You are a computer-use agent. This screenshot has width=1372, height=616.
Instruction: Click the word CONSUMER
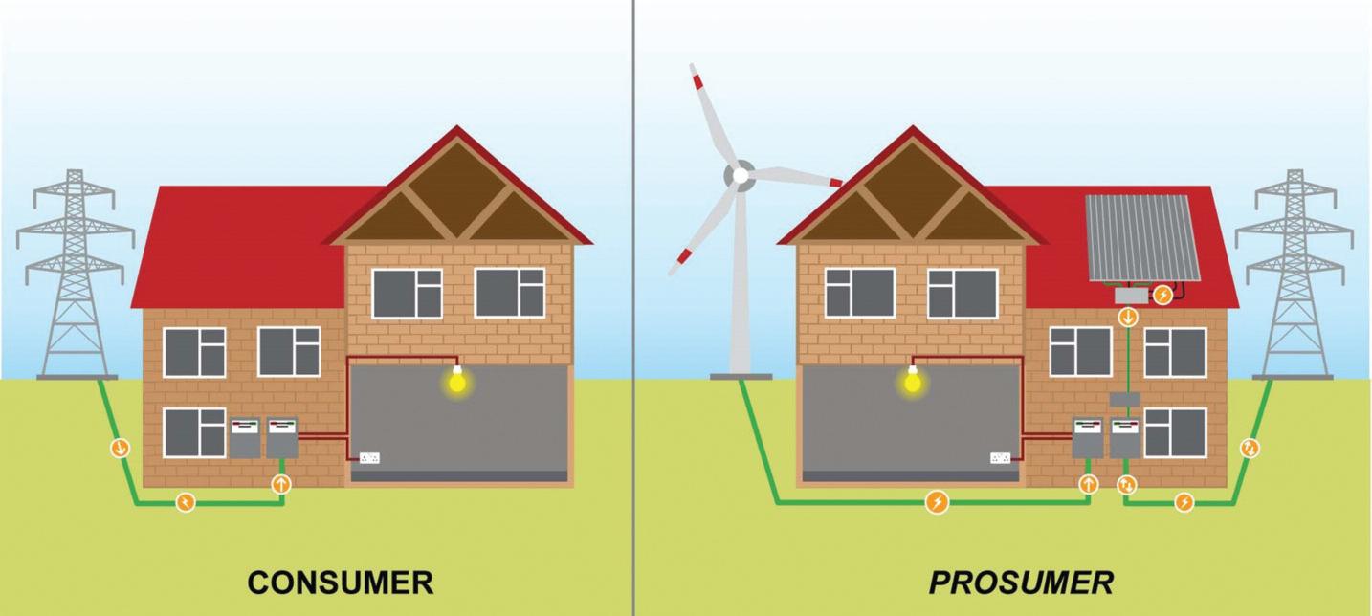click(x=340, y=582)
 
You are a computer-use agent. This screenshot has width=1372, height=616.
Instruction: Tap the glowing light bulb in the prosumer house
click(x=912, y=383)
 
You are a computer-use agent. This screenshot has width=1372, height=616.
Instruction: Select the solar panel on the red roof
click(x=1142, y=238)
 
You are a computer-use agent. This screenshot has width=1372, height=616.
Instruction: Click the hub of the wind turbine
click(x=739, y=175)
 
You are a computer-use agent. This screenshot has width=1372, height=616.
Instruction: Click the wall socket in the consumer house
click(x=369, y=458)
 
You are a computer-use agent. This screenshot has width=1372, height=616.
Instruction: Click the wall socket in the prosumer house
click(x=1001, y=458)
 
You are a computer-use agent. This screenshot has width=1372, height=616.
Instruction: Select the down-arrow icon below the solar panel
click(x=1128, y=317)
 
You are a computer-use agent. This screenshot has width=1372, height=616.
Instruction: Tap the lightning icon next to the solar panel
click(x=1162, y=296)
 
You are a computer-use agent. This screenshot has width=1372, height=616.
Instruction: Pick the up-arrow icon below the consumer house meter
click(x=280, y=483)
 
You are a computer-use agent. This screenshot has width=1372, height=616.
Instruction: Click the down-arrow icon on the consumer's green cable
click(x=121, y=447)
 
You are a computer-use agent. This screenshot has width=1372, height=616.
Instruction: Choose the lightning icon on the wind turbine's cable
click(x=938, y=501)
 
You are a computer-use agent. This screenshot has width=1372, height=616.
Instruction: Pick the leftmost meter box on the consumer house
click(x=244, y=439)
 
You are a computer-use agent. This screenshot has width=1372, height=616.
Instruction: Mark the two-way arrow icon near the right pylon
click(x=1249, y=447)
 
